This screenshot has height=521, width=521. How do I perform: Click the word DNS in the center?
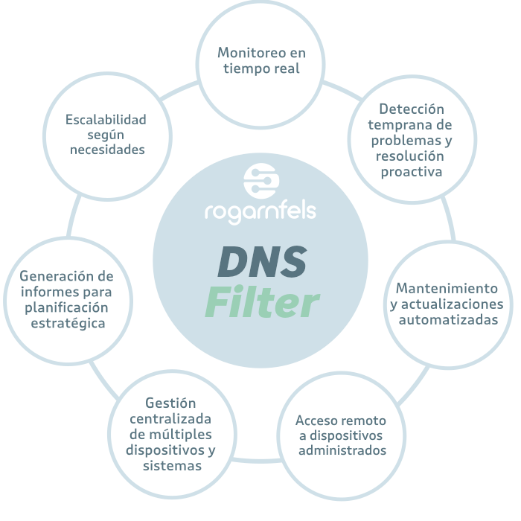click(262, 261)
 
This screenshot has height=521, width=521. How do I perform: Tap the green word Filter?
click(262, 302)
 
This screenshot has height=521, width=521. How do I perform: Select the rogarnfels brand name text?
click(260, 211)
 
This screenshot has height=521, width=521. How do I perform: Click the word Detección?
click(412, 109)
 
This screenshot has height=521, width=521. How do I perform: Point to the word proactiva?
click(412, 171)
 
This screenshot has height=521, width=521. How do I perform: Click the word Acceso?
click(319, 419)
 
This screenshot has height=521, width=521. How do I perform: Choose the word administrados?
click(342, 450)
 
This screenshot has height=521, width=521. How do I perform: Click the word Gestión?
click(170, 402)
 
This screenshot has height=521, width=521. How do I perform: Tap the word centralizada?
click(170, 418)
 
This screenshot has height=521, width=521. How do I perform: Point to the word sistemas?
click(172, 466)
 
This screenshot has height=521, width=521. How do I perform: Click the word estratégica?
click(68, 323)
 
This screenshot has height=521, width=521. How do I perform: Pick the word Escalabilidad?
click(106, 119)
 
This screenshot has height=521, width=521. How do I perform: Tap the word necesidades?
click(107, 150)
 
